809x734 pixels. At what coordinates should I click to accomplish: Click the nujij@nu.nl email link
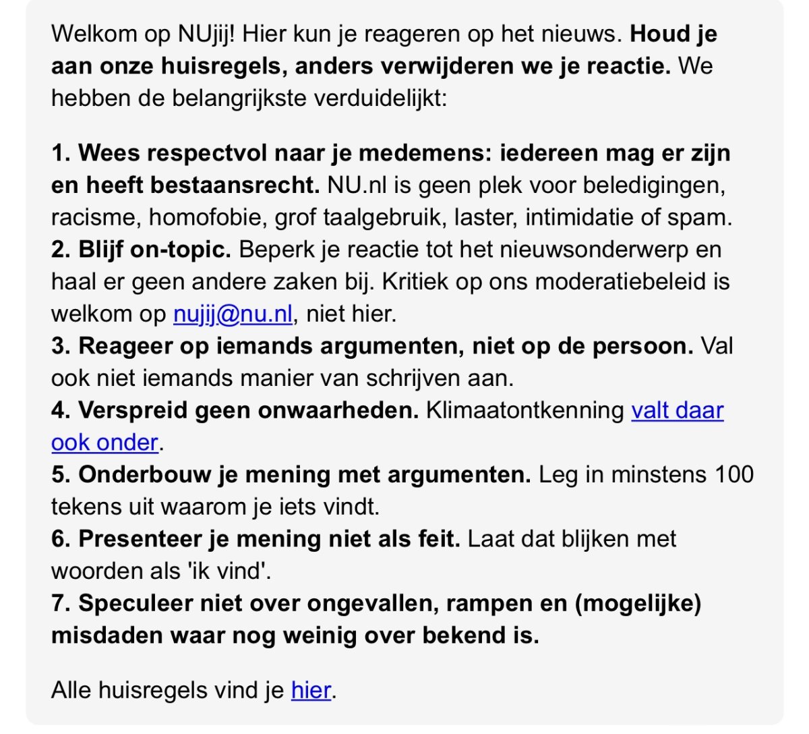coord(233,314)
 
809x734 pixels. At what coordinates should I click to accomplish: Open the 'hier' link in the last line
coord(311,690)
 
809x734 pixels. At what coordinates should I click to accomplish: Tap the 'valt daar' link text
coord(677,410)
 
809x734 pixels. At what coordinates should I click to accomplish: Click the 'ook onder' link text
coord(104,443)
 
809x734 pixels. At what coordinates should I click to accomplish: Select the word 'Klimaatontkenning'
coord(525,410)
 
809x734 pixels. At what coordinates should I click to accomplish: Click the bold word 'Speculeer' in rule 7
coord(136,603)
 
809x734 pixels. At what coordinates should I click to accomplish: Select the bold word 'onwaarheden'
coord(340,410)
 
